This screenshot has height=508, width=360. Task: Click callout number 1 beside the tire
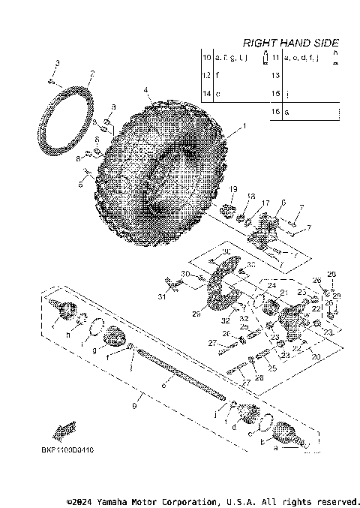point(242,128)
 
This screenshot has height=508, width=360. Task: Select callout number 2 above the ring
point(91,74)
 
